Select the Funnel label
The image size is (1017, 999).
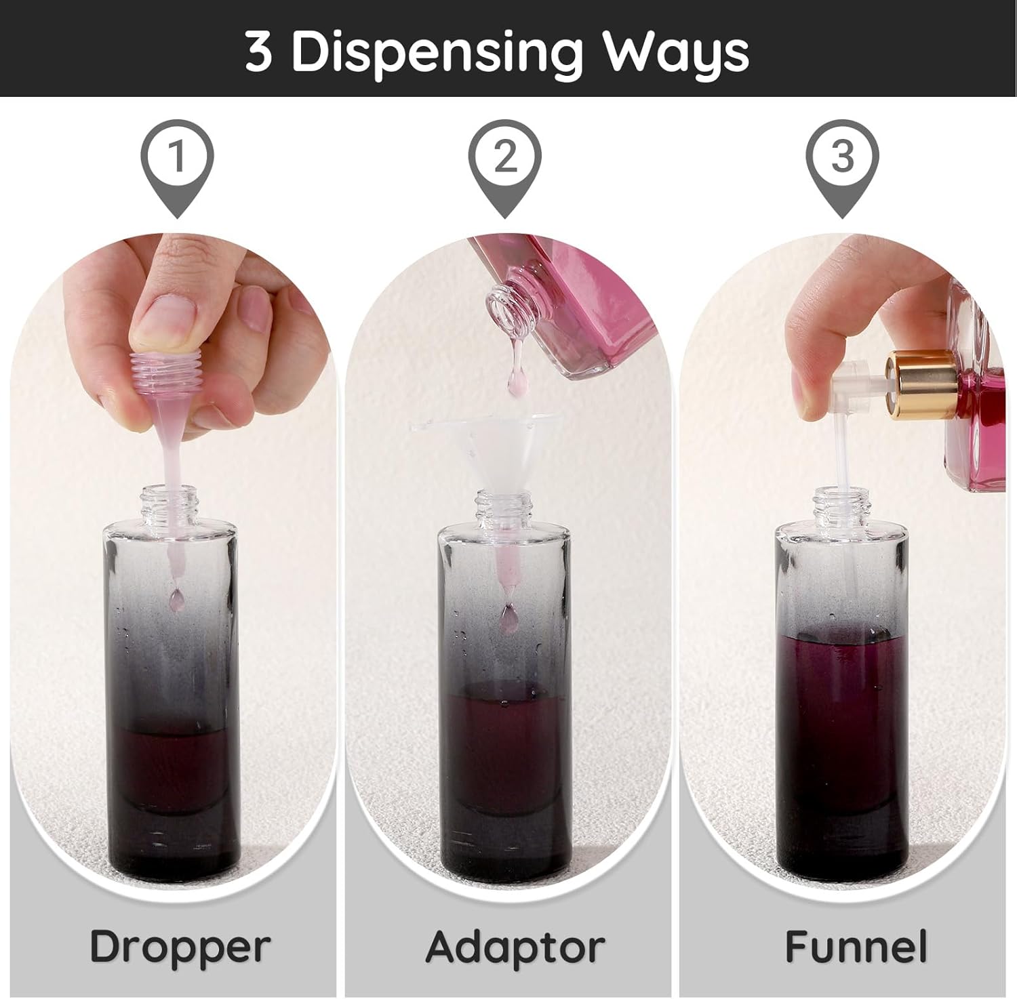(856, 946)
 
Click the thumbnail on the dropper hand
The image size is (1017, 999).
(167, 319)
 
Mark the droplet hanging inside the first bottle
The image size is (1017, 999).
(177, 597)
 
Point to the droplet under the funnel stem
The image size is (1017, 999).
(507, 616)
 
